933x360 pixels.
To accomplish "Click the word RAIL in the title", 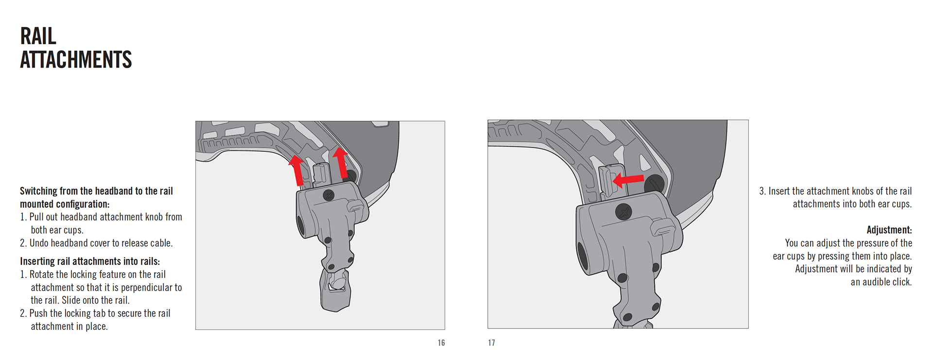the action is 38,36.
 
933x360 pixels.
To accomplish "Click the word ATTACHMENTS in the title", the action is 76,60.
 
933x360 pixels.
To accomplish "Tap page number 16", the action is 441,343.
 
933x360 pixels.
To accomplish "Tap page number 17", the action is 492,343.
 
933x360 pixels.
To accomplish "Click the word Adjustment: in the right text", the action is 889,230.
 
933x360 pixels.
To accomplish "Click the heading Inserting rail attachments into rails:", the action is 90,261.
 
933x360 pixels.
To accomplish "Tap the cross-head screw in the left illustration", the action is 329,195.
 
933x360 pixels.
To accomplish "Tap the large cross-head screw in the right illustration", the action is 623,212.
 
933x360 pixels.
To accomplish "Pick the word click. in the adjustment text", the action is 901,282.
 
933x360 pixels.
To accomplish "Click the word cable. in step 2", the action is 162,243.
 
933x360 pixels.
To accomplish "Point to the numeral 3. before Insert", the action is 762,191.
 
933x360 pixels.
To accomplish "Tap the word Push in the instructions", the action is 38,313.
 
